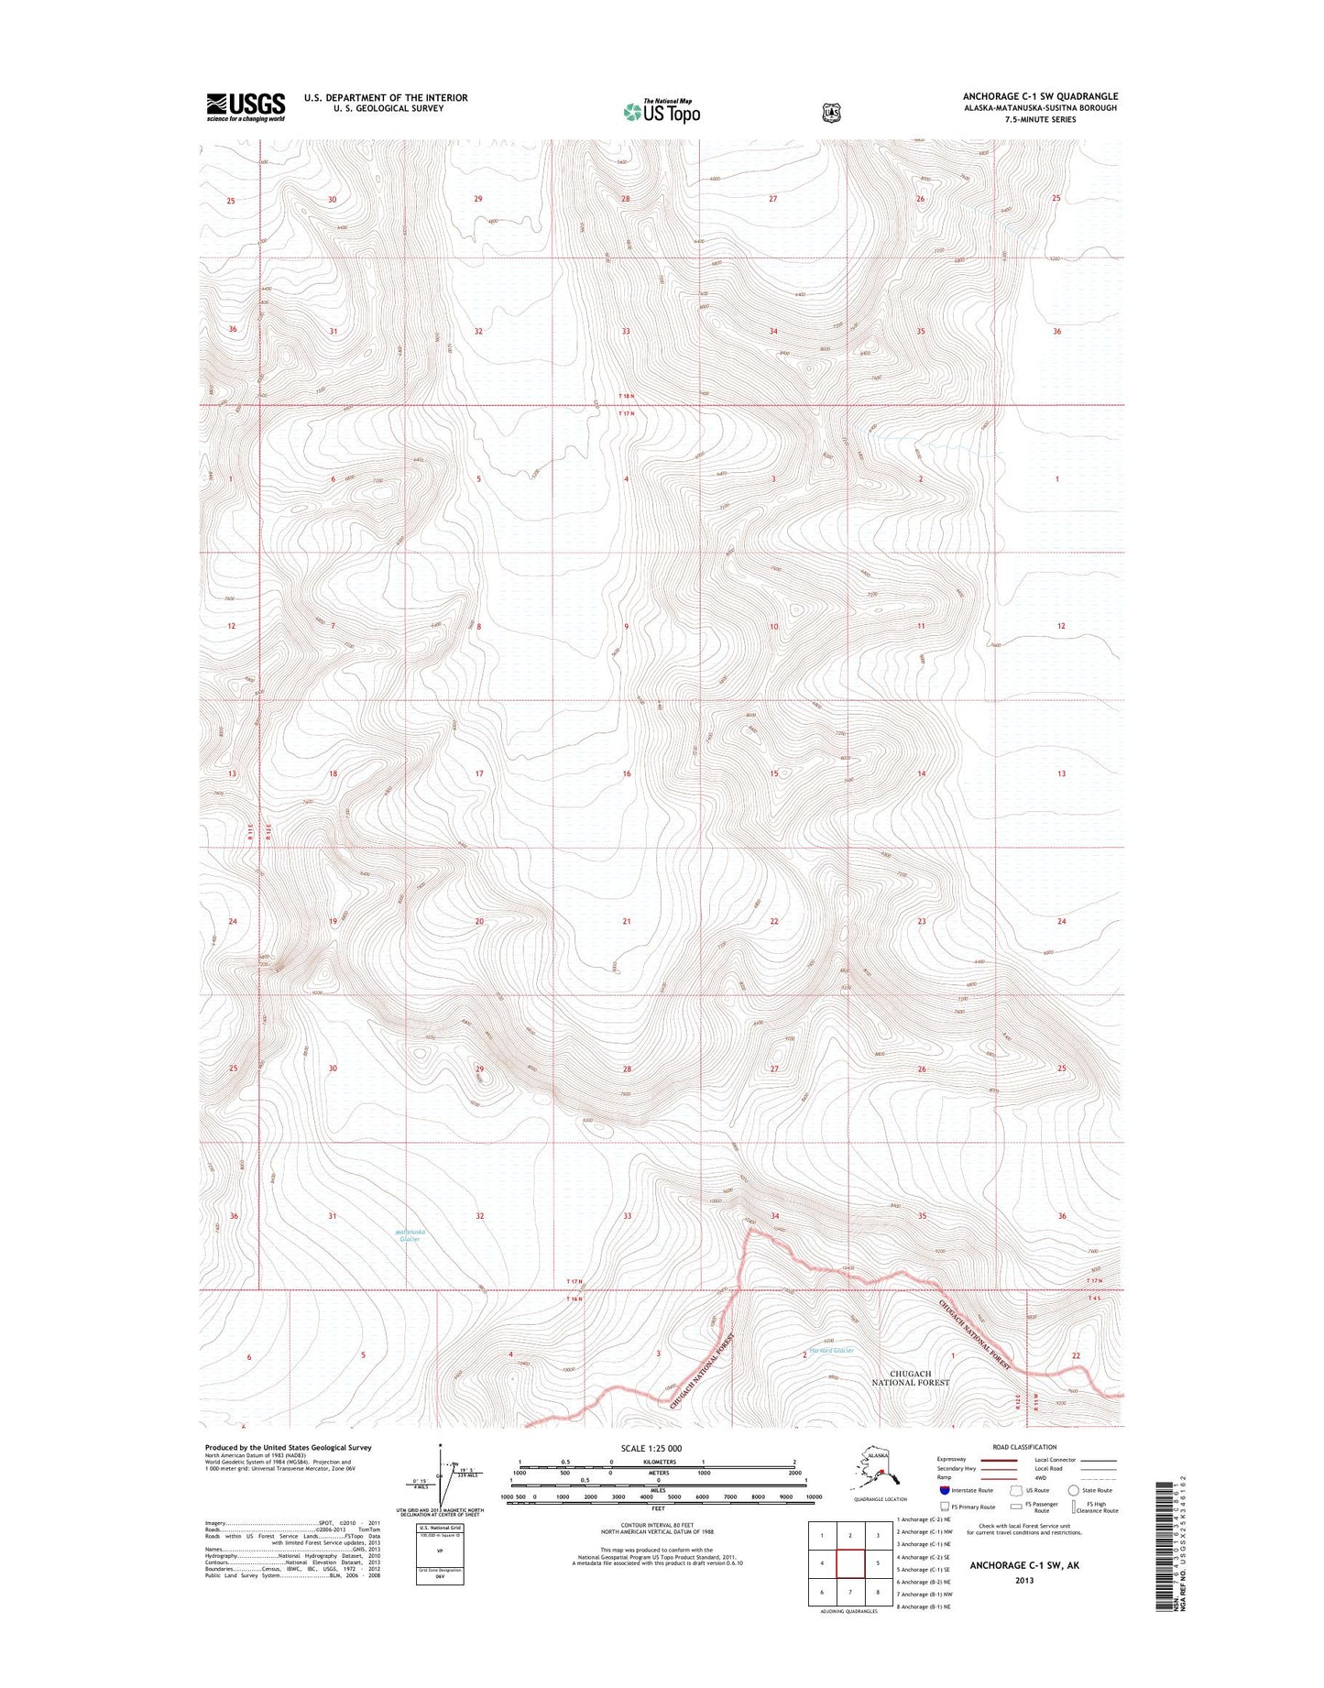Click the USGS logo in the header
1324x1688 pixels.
[x=246, y=106]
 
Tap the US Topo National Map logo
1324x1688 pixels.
[x=662, y=112]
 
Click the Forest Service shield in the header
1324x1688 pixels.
[x=831, y=113]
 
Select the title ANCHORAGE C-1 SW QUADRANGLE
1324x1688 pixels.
[x=1040, y=96]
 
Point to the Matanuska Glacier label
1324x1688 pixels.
[x=408, y=1235]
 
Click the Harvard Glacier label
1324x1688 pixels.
[x=831, y=1351]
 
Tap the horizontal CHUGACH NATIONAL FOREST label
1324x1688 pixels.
[x=910, y=1377]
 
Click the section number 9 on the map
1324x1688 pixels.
[x=627, y=627]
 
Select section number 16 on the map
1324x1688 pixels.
[x=627, y=774]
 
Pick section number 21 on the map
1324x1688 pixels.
[x=627, y=921]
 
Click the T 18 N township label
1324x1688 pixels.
[x=626, y=396]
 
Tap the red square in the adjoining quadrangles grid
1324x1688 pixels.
[x=850, y=1563]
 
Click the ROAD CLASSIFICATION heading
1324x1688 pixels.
[x=1024, y=1448]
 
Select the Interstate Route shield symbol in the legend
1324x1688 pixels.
[x=945, y=1490]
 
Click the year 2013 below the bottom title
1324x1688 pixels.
[x=1024, y=1580]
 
